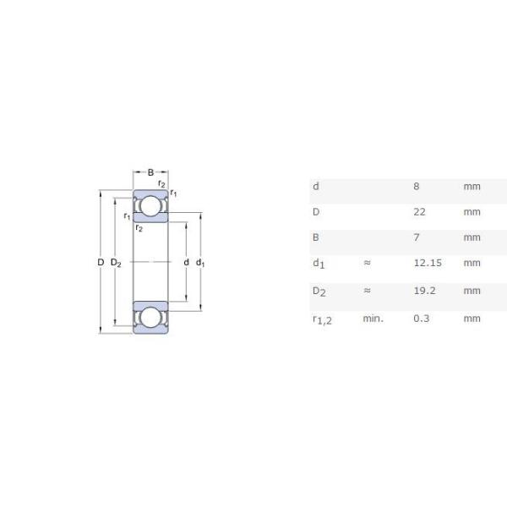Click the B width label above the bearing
click(150, 172)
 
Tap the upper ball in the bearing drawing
click(150, 206)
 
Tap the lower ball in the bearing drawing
click(150, 319)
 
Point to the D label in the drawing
click(100, 263)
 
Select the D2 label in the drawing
click(116, 264)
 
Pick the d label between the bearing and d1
click(186, 263)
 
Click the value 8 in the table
click(416, 186)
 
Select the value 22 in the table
click(419, 212)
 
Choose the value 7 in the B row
click(416, 237)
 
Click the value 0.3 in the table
click(420, 319)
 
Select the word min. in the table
click(373, 319)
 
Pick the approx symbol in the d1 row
click(367, 263)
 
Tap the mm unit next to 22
click(472, 212)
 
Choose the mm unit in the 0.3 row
click(472, 319)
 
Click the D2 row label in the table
click(319, 292)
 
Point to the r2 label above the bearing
click(161, 184)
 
